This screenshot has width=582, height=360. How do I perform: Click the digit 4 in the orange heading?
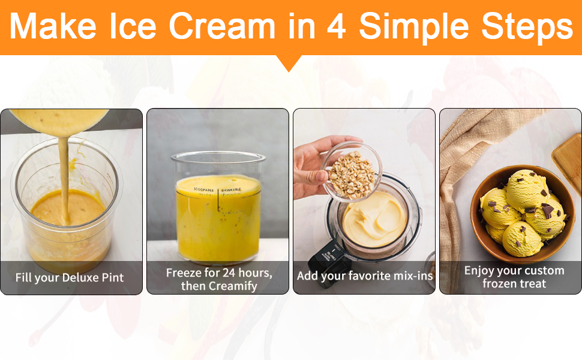coord(336,26)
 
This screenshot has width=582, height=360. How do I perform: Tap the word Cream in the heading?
coord(222,26)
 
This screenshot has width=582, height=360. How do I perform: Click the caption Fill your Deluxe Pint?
coord(70,278)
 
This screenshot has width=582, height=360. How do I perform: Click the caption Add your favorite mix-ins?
coord(364,276)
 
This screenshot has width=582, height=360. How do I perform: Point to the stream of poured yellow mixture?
coord(64,178)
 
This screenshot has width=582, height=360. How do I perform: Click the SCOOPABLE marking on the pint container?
coord(203,190)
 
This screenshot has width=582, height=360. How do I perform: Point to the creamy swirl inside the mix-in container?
coord(375,219)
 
